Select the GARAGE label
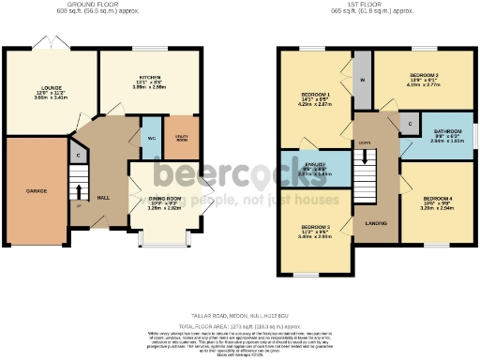(x=36, y=190)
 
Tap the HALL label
(x=105, y=197)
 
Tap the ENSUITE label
(x=315, y=163)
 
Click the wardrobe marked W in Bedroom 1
(x=362, y=81)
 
